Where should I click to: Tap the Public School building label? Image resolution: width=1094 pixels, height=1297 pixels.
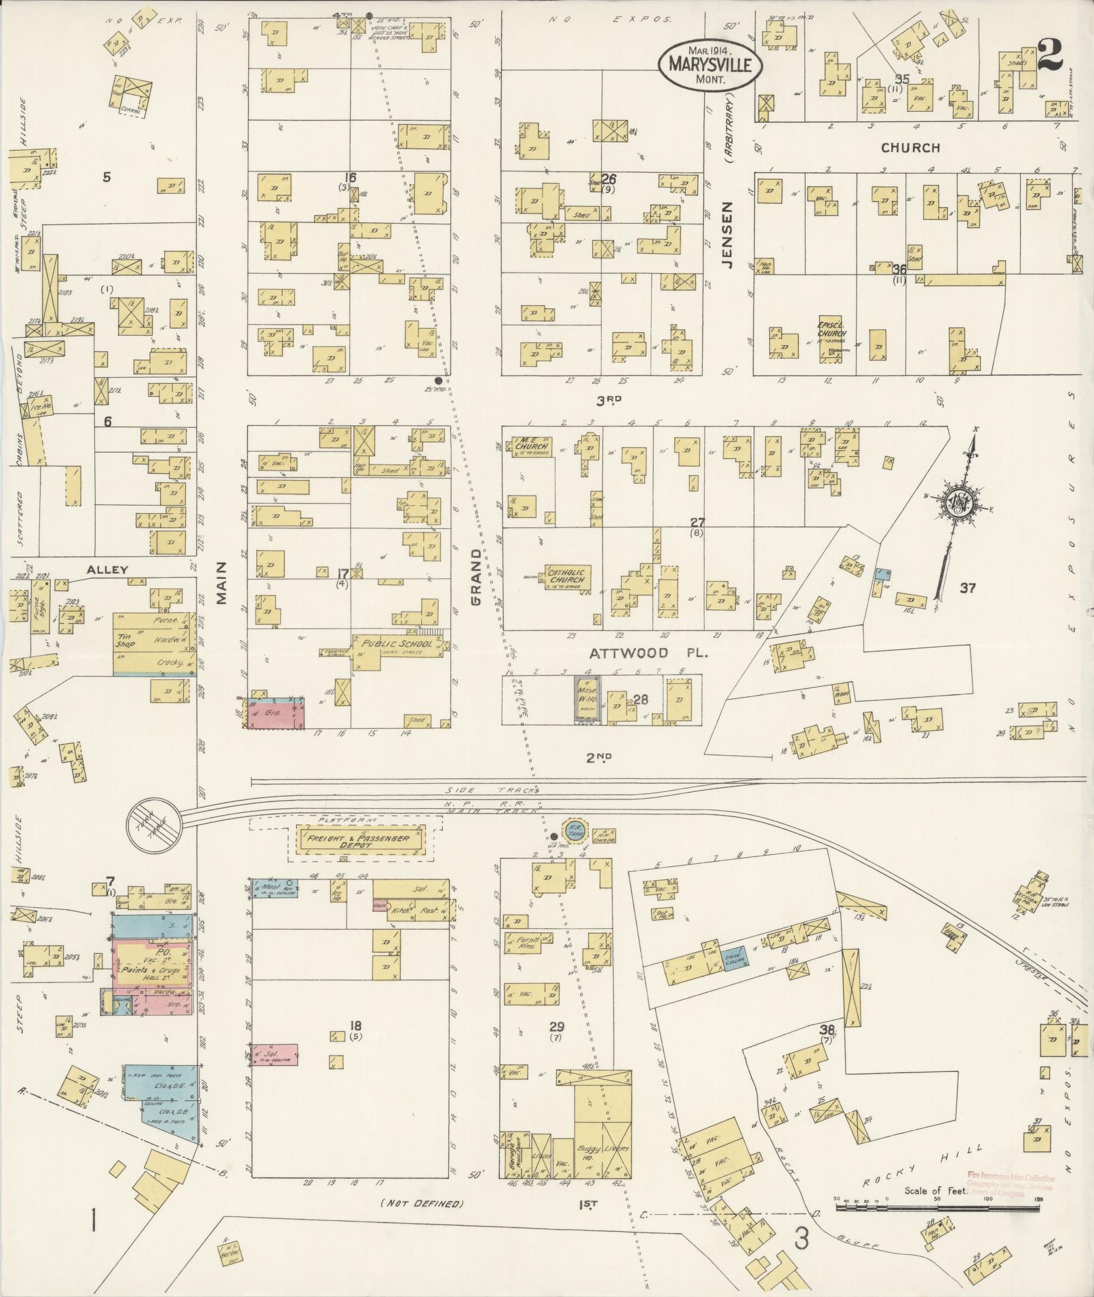click(397, 643)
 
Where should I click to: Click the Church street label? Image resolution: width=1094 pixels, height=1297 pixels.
click(910, 147)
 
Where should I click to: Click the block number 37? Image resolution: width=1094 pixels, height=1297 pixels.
click(967, 588)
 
